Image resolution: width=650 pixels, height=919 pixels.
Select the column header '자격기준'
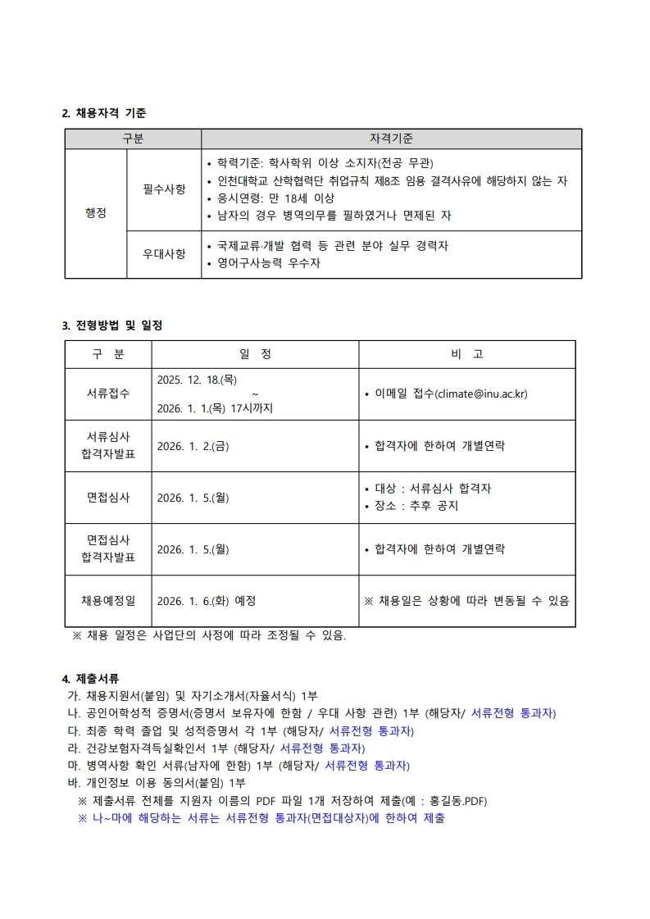[391, 139]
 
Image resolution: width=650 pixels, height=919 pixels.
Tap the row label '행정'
[96, 213]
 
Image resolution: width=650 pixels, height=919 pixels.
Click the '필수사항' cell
[164, 189]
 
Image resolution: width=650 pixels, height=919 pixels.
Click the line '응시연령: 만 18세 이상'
[275, 198]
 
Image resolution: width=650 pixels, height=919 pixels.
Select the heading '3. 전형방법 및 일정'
[112, 325]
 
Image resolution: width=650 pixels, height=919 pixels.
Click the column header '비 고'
[466, 354]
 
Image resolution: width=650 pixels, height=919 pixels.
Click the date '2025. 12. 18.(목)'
[197, 380]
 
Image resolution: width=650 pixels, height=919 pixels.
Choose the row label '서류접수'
[108, 394]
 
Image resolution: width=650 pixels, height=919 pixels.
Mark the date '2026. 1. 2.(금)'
[193, 446]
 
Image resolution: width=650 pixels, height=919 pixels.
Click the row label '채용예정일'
[108, 600]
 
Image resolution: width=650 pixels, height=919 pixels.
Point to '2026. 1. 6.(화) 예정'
[206, 600]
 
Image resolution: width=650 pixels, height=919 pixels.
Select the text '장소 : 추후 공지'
[416, 506]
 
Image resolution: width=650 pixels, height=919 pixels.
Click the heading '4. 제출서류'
[91, 679]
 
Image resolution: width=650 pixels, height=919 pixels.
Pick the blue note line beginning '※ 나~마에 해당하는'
[261, 818]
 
